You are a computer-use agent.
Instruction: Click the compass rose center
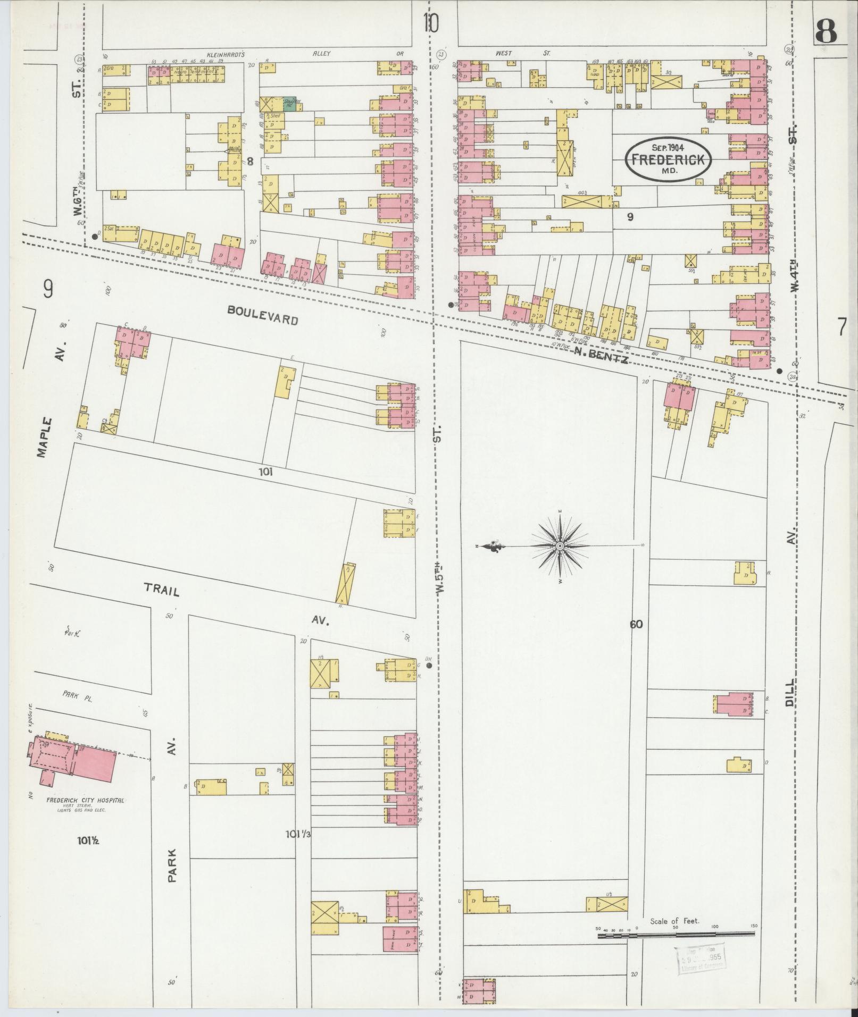click(560, 546)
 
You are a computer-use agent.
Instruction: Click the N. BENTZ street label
click(601, 354)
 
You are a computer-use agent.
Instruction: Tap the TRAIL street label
click(161, 589)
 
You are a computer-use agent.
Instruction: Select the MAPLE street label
click(44, 437)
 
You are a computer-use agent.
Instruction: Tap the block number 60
click(636, 625)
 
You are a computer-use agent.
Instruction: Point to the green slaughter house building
click(289, 103)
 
